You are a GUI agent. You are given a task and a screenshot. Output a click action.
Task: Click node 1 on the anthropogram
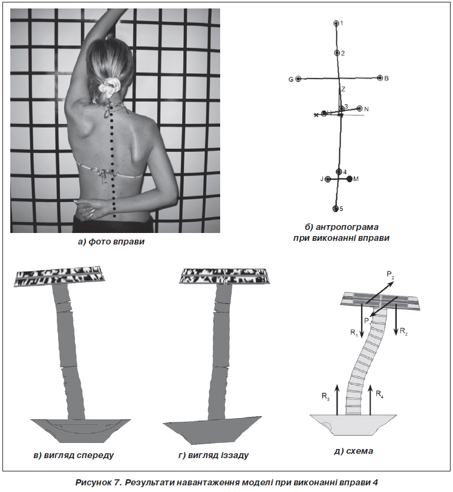[336, 23]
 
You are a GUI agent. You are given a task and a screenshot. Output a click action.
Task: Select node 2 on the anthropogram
[337, 53]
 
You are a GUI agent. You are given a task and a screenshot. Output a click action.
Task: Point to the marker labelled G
[298, 79]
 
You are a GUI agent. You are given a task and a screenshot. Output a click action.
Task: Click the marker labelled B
[380, 78]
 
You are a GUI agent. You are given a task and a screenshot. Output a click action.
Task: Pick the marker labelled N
[360, 108]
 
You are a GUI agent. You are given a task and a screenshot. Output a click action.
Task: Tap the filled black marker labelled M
[350, 179]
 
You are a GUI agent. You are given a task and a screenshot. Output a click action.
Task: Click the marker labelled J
[328, 180]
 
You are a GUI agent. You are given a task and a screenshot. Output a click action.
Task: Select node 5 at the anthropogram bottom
[336, 209]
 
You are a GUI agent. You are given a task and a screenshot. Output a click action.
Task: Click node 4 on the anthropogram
[339, 172]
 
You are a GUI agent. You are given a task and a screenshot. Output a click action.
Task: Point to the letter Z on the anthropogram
[344, 90]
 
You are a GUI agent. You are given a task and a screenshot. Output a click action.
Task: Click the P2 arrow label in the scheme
[390, 275]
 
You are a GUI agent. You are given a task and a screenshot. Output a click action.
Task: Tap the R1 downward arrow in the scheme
[362, 320]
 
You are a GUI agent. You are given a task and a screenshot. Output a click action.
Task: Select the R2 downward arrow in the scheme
[396, 319]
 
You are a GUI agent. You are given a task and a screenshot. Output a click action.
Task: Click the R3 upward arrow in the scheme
[337, 401]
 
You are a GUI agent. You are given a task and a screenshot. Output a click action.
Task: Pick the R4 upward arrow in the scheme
[370, 401]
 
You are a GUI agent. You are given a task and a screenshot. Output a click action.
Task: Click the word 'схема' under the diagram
[360, 451]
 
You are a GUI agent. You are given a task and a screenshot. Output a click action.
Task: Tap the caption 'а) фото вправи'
[111, 241]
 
